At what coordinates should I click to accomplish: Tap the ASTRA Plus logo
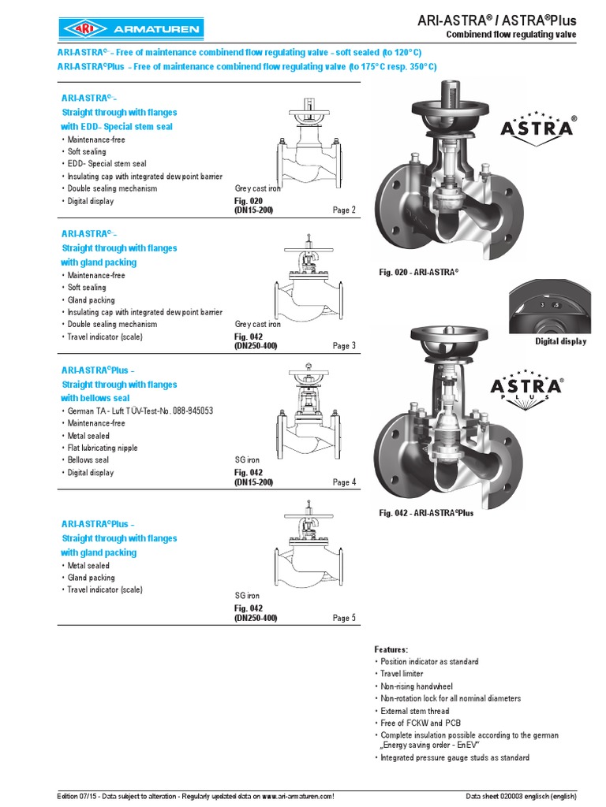pos(527,387)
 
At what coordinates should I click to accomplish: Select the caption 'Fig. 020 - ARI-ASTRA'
pos(419,272)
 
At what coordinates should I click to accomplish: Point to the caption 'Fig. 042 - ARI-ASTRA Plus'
pos(426,513)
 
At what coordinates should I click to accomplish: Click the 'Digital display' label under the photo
pos(560,342)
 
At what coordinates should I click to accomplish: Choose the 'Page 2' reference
pos(344,210)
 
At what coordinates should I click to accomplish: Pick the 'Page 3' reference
pos(344,346)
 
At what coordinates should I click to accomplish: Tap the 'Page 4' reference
pos(344,482)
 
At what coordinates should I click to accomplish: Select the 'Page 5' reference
pos(344,619)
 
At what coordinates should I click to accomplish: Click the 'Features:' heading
pos(391,649)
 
